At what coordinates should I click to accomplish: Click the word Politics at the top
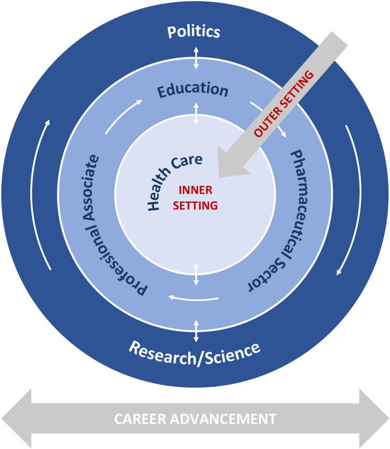click(x=193, y=32)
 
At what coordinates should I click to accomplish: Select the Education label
click(x=193, y=89)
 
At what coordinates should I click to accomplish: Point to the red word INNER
click(x=195, y=191)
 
